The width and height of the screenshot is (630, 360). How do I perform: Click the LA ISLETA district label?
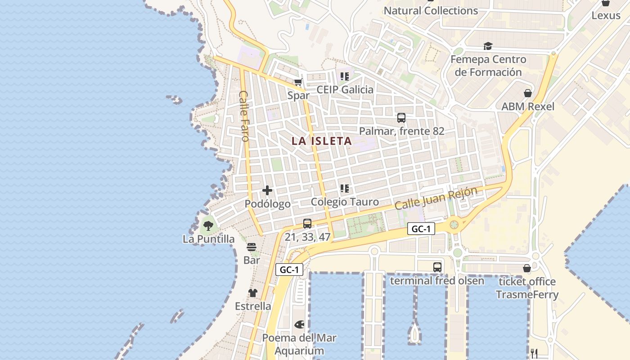click(x=321, y=141)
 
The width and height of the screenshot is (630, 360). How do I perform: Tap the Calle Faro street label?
click(x=244, y=116)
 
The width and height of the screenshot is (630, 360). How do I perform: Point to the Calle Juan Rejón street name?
click(x=436, y=198)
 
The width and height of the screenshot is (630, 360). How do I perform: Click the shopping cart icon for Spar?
click(x=298, y=82)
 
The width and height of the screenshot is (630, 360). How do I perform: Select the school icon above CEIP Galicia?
click(x=345, y=76)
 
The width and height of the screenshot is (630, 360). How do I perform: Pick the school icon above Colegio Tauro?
click(x=345, y=189)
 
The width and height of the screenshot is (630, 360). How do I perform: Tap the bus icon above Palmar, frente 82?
click(x=401, y=118)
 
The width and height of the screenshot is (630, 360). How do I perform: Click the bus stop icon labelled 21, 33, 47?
click(x=307, y=223)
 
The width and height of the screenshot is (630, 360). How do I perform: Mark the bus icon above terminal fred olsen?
click(x=437, y=267)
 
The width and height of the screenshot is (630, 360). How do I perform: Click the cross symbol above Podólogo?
click(x=267, y=190)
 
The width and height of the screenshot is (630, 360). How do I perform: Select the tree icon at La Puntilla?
click(x=208, y=225)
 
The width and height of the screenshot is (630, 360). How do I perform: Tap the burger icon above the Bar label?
click(x=252, y=247)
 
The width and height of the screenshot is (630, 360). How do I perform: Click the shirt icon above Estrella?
click(x=253, y=293)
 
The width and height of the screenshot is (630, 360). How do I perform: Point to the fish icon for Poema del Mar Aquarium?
click(x=299, y=324)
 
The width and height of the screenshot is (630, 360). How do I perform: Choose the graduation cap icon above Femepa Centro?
click(x=488, y=46)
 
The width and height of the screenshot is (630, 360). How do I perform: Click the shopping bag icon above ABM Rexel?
click(x=528, y=93)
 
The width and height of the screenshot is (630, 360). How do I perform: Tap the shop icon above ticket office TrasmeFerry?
click(x=527, y=269)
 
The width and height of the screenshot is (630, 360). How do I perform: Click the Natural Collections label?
click(x=431, y=10)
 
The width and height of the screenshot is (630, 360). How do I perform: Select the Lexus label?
click(x=606, y=15)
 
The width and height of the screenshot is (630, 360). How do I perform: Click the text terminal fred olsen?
click(x=437, y=281)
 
